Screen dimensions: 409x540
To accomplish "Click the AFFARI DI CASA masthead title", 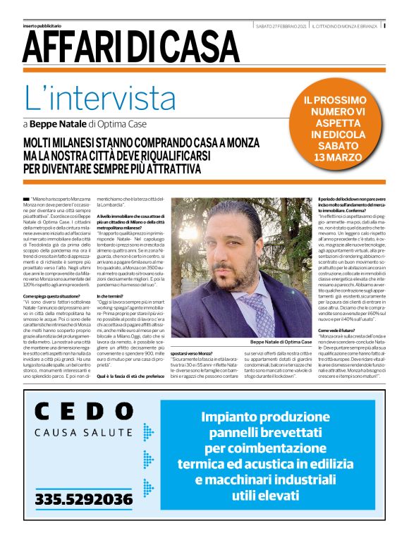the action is click(130, 46).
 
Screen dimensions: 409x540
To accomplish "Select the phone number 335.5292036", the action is click(84, 500).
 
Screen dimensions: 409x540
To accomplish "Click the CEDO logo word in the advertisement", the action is click(84, 412).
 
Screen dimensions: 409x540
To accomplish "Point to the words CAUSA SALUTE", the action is click(84, 432).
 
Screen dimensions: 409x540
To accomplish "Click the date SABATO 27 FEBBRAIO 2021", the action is click(281, 26).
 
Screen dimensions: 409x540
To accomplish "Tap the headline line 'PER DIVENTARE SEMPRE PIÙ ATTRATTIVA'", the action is click(112, 169).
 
